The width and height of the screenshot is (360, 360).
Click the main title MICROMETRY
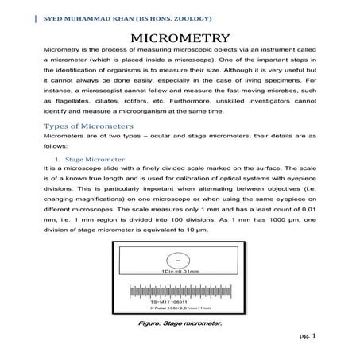(180, 38)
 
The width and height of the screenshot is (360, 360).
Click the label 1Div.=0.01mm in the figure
(180, 274)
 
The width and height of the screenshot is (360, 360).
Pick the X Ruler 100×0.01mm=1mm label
(180, 310)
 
